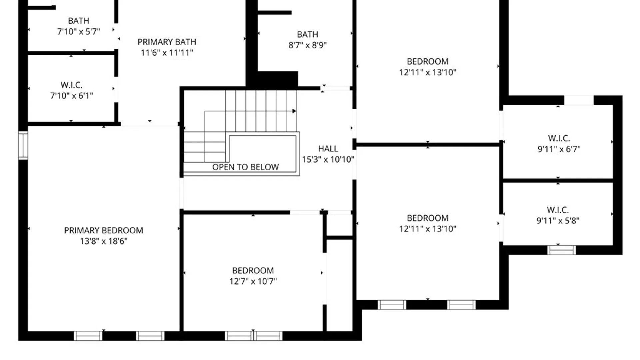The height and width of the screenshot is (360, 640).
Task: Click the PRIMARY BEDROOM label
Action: click(103, 230)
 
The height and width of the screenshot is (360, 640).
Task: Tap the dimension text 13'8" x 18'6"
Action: click(103, 241)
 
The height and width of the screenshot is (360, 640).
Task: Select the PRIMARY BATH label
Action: click(167, 42)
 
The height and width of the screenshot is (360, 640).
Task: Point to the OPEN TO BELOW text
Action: click(245, 167)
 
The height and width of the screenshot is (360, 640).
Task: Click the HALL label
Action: click(328, 149)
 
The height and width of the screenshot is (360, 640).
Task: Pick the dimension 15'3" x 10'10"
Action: click(328, 159)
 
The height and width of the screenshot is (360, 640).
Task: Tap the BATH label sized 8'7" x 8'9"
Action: click(307, 34)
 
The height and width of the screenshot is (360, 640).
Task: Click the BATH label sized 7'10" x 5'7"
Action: click(79, 21)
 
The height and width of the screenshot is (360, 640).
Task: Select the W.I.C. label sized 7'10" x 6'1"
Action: click(71, 85)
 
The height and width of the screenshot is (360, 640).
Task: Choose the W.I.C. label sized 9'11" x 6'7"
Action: click(559, 138)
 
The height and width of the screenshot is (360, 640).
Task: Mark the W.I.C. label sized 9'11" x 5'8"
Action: click(558, 210)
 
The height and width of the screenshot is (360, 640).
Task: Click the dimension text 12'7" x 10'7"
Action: click(253, 281)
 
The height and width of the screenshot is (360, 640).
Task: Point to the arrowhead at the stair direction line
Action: click(294, 111)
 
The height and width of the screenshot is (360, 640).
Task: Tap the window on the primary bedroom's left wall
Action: click(23, 145)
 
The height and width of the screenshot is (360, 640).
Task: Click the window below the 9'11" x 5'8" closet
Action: click(561, 250)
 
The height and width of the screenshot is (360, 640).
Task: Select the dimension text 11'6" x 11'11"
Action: click(167, 53)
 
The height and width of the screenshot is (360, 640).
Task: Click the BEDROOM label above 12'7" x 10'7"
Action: click(253, 270)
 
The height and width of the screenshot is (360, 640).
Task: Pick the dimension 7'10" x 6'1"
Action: click(71, 96)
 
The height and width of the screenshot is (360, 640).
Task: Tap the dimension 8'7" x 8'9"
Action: click(307, 45)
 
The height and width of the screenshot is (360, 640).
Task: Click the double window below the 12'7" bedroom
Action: click(254, 336)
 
